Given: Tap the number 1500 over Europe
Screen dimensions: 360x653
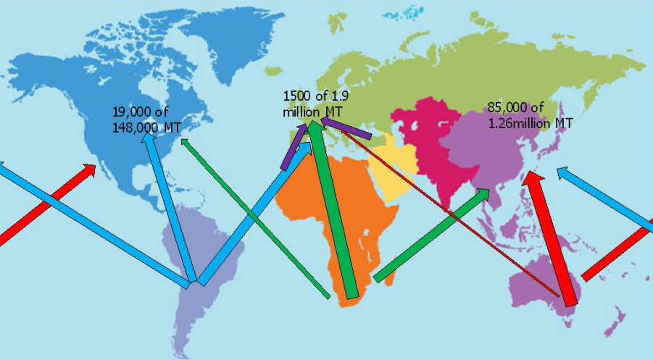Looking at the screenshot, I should [297, 96].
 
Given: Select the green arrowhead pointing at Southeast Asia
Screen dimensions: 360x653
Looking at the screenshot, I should [483, 193].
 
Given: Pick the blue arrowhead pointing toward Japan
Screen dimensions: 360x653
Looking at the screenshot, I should [561, 172].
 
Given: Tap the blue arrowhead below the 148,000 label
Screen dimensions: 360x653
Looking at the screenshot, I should [150, 139].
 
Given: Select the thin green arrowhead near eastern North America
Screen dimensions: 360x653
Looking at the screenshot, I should [186, 143].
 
